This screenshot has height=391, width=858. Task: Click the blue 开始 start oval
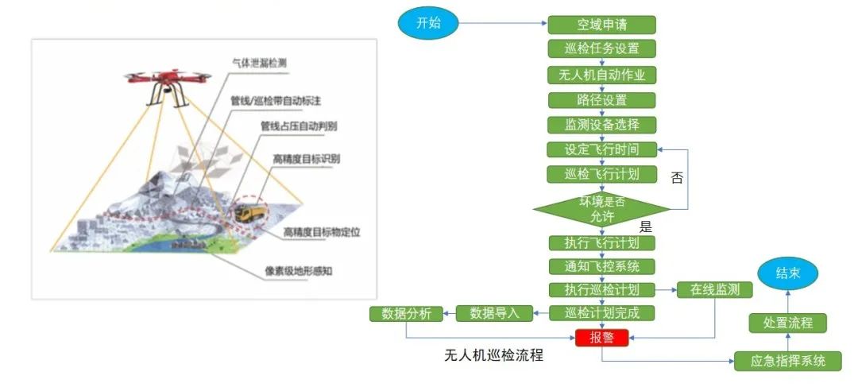[x=428, y=23]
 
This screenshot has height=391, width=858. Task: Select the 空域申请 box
[x=601, y=25]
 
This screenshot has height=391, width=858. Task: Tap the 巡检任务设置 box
[x=601, y=48]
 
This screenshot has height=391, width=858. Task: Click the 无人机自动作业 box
[x=601, y=75]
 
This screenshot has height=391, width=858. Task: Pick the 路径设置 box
[x=601, y=100]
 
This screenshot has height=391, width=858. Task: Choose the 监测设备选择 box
[x=601, y=125]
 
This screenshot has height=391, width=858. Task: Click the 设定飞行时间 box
[x=601, y=149]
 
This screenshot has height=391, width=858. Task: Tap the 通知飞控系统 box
[x=601, y=266]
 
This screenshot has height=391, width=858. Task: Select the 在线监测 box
[x=714, y=290]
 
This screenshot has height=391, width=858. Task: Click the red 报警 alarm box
[x=601, y=338]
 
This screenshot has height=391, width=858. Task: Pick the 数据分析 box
[x=406, y=313]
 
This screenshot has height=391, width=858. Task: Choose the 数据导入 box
[x=494, y=313]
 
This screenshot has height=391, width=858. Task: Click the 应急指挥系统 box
[x=787, y=361]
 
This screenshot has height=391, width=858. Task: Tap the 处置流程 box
[x=787, y=323]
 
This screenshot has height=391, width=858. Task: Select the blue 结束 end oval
[x=787, y=274]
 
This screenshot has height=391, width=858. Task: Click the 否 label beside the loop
[x=677, y=177]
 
